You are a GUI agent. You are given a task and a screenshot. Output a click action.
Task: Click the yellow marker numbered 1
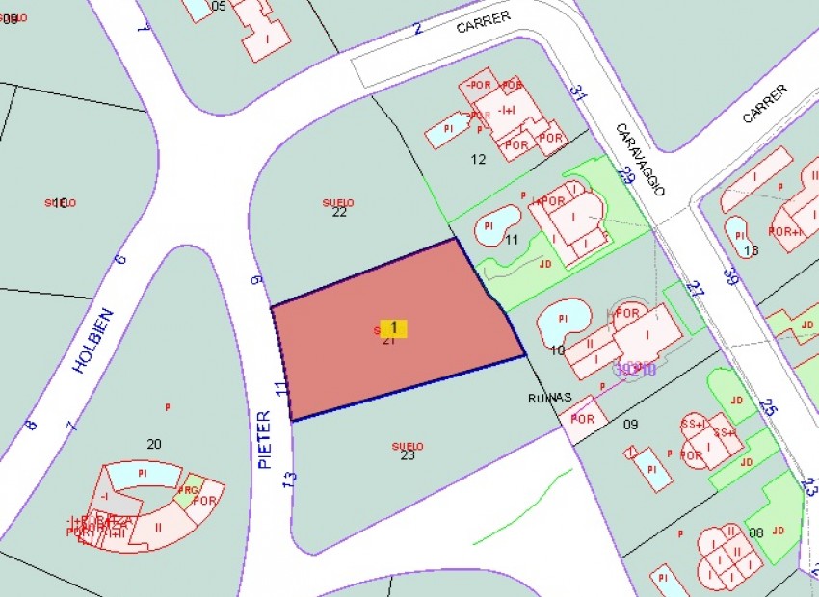(x=393, y=328)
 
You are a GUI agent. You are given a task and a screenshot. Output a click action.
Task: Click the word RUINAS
(x=550, y=397)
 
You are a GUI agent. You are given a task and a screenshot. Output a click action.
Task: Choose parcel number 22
(x=339, y=212)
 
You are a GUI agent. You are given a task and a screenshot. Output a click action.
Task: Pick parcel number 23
(x=408, y=454)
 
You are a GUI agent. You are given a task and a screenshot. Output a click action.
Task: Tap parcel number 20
(x=154, y=444)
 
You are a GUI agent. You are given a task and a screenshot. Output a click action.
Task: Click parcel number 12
(x=478, y=159)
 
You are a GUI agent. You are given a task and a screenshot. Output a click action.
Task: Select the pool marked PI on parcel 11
(x=489, y=226)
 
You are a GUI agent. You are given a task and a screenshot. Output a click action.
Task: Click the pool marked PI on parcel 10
(x=562, y=317)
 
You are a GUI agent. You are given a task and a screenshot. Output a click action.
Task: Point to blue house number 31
(x=577, y=92)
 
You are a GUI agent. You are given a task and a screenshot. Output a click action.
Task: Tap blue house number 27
(x=695, y=287)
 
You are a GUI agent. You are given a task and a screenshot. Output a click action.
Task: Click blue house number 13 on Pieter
(x=290, y=478)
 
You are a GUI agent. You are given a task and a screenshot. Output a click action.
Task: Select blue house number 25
(x=767, y=408)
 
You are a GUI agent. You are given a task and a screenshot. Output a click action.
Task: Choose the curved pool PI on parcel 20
(x=143, y=474)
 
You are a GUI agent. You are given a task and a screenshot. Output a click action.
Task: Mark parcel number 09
(x=631, y=424)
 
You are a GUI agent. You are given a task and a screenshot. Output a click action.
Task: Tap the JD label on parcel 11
(x=545, y=262)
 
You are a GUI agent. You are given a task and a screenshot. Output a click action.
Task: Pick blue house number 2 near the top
(x=418, y=28)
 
